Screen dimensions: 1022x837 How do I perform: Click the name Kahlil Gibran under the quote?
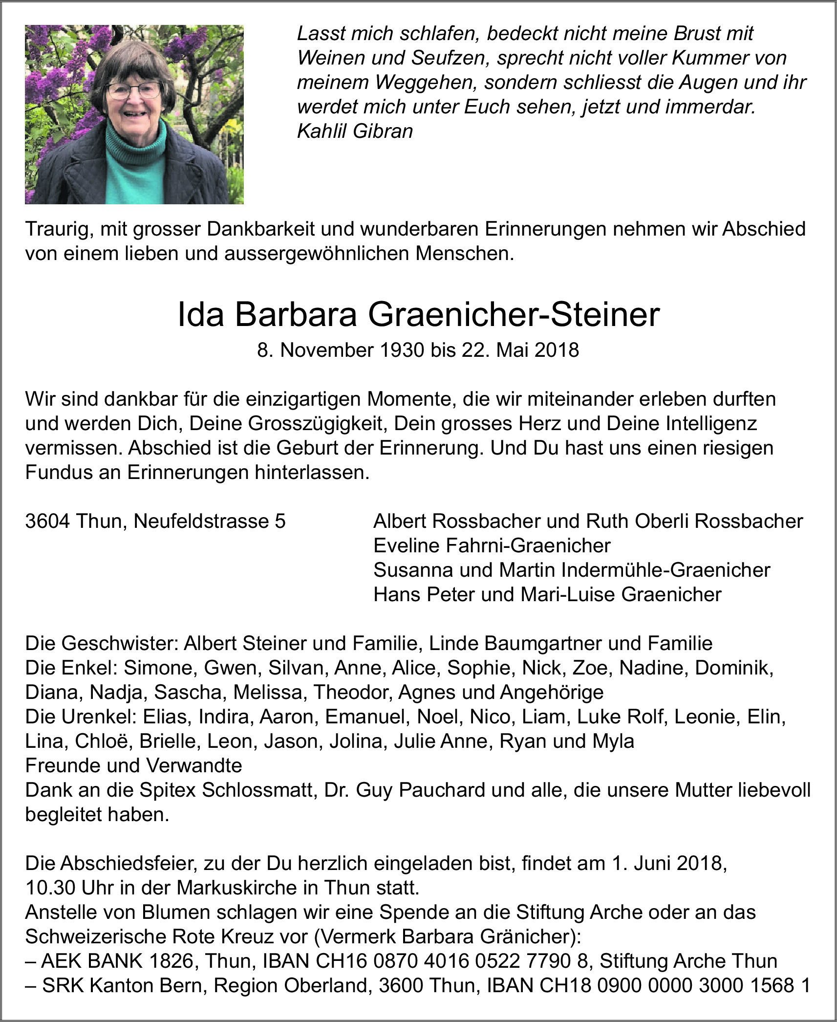pos(355,131)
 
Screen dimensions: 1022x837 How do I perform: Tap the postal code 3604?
pos(48,521)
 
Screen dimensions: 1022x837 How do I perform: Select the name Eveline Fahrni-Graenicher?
pos(492,545)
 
